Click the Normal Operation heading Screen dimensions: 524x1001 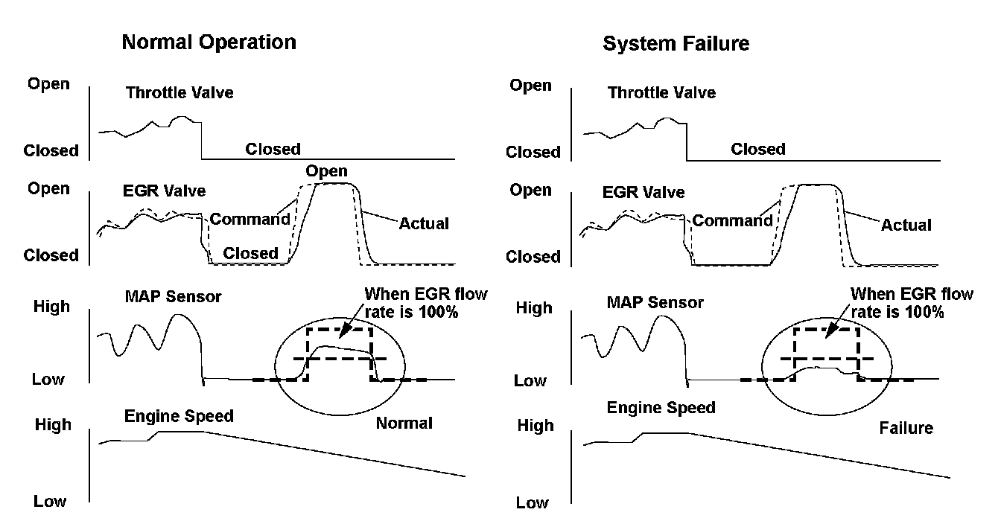(209, 42)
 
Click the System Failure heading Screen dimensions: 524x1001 (676, 44)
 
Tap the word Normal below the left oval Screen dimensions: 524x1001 (404, 424)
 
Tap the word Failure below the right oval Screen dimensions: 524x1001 (906, 429)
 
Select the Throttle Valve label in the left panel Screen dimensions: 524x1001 (179, 93)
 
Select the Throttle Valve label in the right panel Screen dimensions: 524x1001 (661, 93)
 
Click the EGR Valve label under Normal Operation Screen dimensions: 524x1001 (164, 191)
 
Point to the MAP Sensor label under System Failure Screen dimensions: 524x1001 (655, 303)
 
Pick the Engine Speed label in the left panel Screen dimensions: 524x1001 (179, 416)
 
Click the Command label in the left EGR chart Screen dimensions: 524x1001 (250, 220)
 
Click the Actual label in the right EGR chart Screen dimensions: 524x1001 (906, 225)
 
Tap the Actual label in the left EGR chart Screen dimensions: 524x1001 (424, 223)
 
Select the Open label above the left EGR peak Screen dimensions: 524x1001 (327, 171)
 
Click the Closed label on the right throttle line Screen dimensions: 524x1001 (758, 149)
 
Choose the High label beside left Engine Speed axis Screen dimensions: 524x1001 (53, 425)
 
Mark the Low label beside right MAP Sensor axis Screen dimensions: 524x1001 (531, 381)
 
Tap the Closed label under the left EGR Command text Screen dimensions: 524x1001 (251, 253)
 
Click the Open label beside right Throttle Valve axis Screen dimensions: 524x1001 (530, 86)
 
